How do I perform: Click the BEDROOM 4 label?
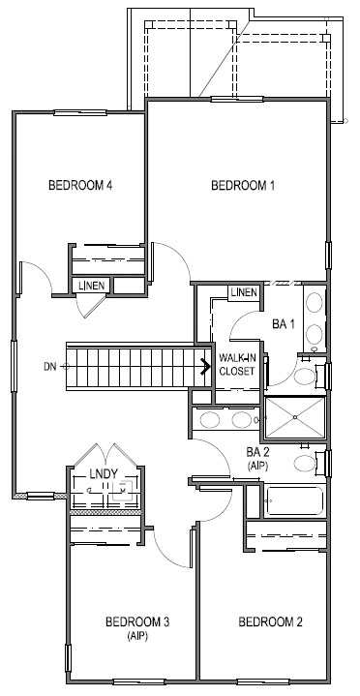81,187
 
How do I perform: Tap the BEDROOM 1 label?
244,187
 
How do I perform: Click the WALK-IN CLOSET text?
238,364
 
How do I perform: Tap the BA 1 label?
283,324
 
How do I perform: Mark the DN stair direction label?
49,367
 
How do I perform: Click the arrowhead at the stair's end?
205,366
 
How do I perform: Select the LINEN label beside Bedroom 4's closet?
94,286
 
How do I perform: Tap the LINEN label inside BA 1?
244,292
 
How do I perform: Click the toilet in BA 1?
307,376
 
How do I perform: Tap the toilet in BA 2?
309,464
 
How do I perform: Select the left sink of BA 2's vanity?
208,420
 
